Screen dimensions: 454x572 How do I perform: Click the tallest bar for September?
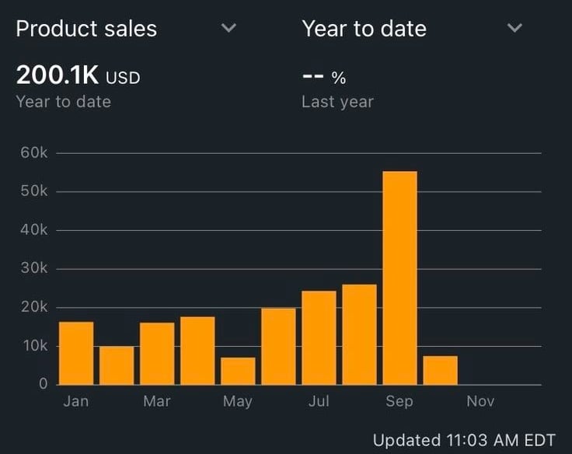399,278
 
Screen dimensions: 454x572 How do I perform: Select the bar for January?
76,353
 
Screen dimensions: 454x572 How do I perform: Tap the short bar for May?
238,371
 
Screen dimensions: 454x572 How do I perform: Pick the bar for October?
440,370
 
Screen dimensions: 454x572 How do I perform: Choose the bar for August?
359,334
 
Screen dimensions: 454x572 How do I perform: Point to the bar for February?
117,365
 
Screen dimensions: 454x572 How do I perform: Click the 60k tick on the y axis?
33,153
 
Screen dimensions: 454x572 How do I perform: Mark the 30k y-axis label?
33,269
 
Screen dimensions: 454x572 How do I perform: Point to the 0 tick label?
43,384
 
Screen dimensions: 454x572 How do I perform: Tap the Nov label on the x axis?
480,402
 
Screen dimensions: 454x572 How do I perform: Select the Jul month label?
319,402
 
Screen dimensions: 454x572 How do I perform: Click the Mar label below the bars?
157,402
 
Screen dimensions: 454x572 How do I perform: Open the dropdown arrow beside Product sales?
228,29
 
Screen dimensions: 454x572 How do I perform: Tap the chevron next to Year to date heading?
514,29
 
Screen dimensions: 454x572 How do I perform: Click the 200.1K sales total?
58,76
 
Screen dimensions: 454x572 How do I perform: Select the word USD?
123,78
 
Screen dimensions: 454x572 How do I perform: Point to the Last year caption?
337,102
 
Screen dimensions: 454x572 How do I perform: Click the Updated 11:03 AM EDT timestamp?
464,440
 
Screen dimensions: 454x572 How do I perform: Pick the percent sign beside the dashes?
339,78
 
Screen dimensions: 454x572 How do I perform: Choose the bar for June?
278,346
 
